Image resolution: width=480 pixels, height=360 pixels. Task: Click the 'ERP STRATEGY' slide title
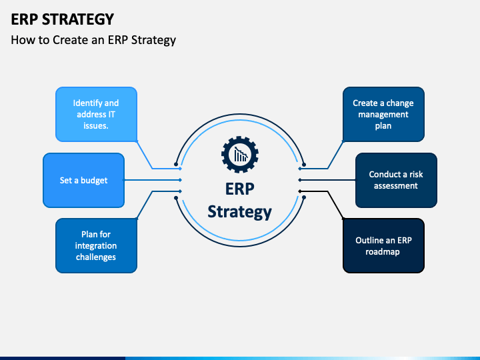pos(63,19)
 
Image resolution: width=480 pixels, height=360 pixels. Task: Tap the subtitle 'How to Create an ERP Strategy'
pos(93,40)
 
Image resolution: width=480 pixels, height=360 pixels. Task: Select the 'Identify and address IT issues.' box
pos(96,114)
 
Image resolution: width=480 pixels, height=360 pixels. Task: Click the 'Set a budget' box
pos(83,180)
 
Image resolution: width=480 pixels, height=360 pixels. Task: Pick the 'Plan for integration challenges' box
pos(96,245)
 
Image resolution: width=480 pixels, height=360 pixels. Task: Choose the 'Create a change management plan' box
pos(383,114)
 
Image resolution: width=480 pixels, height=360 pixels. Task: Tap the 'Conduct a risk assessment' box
pos(396,180)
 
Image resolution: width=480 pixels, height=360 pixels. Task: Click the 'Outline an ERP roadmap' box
pos(383,245)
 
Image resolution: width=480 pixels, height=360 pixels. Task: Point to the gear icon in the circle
pos(240,155)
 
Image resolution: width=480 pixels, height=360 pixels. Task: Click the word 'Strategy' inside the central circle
pos(240,212)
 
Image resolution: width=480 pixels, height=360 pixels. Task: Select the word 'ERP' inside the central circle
pos(240,189)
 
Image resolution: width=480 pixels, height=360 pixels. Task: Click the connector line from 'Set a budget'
pos(153,180)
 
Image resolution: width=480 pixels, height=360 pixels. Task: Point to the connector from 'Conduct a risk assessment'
pos(327,180)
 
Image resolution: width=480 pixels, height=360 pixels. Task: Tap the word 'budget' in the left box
pos(94,180)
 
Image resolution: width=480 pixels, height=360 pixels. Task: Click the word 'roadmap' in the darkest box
pos(383,252)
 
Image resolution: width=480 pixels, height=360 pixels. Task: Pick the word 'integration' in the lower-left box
pos(96,246)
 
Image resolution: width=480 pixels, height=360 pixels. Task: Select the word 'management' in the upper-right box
pos(383,115)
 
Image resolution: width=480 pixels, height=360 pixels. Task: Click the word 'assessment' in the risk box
pos(396,186)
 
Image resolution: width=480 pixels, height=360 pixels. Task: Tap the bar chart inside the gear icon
pos(241,154)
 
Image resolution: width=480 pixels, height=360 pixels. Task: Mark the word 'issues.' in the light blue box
pos(96,126)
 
